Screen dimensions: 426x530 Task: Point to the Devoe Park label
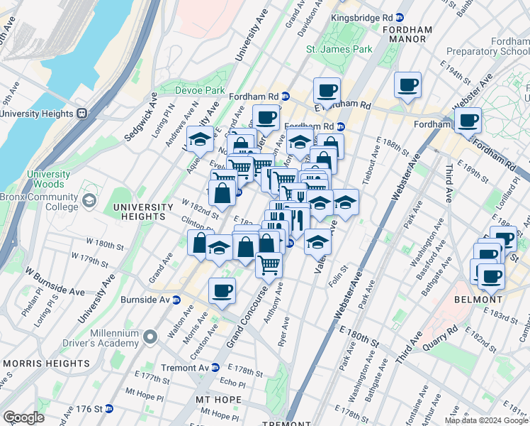[201, 90]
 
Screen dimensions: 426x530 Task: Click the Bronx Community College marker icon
[89, 202]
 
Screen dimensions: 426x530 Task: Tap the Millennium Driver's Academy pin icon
[150, 336]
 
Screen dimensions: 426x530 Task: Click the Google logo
[23, 417]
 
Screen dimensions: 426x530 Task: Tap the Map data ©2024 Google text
[486, 420]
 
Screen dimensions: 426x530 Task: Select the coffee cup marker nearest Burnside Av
[222, 291]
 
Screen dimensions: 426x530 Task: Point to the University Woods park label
[49, 179]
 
